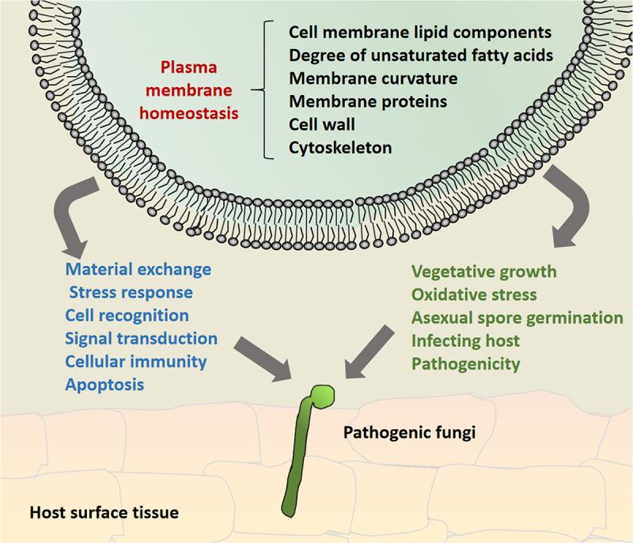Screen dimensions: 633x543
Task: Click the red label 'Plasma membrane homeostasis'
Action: click(189, 90)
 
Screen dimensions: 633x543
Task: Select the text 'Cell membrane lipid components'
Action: click(420, 32)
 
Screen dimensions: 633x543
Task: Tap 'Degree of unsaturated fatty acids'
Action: click(421, 55)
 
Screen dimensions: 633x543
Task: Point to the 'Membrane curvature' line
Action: click(373, 78)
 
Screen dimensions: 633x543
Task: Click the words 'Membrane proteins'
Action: click(368, 101)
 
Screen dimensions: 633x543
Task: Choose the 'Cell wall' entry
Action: click(322, 124)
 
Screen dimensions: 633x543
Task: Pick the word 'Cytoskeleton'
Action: click(340, 148)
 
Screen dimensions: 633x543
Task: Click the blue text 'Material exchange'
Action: click(138, 269)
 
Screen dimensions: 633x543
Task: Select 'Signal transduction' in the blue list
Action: click(142, 338)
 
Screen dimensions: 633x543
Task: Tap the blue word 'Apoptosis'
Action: click(104, 385)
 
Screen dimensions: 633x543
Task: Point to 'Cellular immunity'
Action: click(135, 361)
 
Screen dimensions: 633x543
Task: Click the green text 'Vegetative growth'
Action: click(484, 271)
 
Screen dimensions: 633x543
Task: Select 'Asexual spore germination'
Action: click(517, 317)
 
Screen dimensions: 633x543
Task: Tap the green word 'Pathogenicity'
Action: click(466, 364)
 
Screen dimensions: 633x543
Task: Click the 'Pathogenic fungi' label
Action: click(409, 433)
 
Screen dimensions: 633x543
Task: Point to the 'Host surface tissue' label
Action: click(104, 513)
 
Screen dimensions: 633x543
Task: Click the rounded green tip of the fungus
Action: click(322, 396)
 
